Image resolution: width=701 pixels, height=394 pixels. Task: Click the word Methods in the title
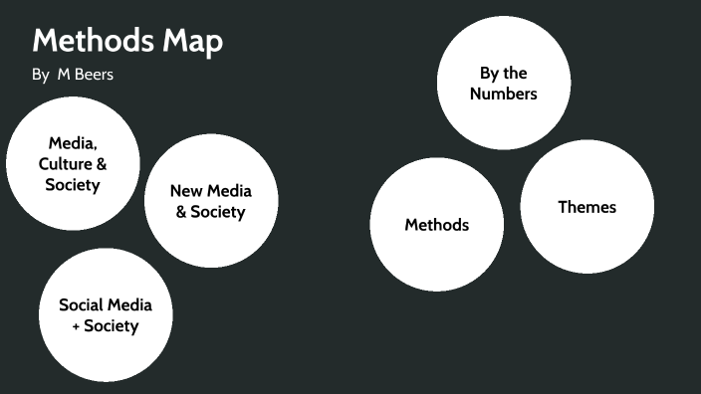click(95, 42)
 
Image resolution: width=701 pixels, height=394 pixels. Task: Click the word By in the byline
click(41, 76)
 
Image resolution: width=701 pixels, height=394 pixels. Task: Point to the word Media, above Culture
click(73, 143)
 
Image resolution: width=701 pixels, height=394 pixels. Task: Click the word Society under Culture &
click(73, 185)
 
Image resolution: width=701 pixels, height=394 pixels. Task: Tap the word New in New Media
click(186, 191)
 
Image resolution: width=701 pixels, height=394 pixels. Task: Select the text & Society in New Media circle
click(210, 212)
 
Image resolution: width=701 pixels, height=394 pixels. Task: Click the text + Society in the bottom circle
click(105, 325)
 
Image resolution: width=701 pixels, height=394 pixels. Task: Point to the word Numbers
click(503, 94)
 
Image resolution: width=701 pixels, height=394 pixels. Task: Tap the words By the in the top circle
click(503, 73)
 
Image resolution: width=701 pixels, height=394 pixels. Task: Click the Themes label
click(586, 207)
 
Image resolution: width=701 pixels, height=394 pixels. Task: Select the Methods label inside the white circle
click(436, 225)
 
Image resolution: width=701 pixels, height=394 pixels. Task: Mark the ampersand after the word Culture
click(102, 164)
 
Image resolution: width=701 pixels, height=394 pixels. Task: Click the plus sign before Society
click(76, 326)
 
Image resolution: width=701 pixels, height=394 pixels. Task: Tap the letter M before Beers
click(62, 76)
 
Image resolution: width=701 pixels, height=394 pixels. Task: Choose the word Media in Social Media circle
click(131, 304)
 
